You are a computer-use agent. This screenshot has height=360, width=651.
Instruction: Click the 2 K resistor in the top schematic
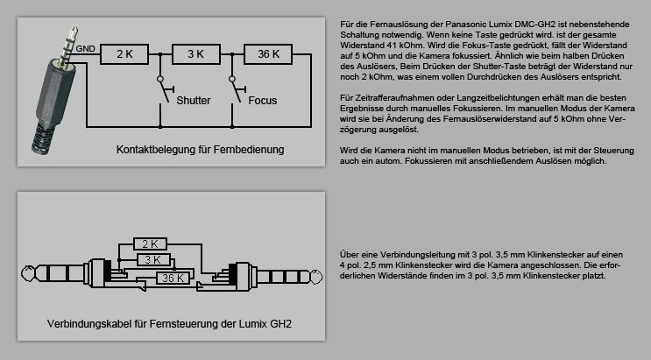pos(124,54)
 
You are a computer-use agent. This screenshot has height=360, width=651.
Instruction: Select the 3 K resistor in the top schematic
pos(195,54)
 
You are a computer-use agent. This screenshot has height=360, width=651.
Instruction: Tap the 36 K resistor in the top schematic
pos(268,54)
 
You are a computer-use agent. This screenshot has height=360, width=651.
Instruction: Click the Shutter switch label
pos(193,101)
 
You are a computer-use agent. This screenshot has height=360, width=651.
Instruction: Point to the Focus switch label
pos(262,101)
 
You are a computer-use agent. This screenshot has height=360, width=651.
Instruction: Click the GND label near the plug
pos(85,48)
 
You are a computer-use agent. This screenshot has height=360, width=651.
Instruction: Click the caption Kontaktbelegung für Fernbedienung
pos(200,150)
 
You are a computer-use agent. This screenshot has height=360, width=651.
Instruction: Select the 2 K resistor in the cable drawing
pos(149,244)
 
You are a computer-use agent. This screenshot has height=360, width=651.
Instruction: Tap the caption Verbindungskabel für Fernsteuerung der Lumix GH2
pos(169,325)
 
